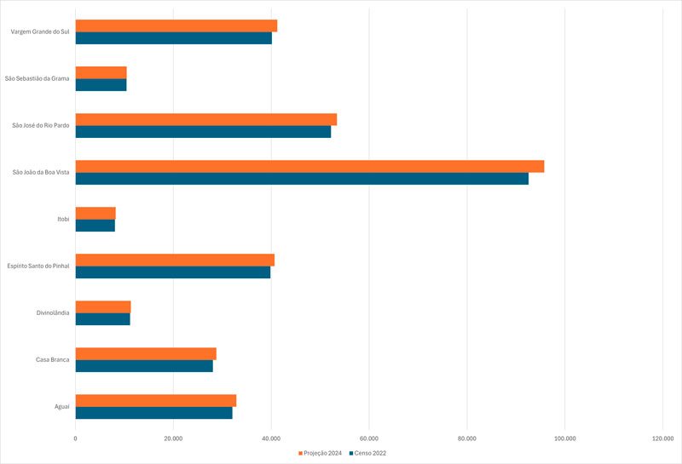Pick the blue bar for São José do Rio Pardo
click(203, 132)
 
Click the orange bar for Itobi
click(95, 213)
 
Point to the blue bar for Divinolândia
click(103, 319)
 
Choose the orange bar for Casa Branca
click(146, 353)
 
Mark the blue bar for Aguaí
click(153, 413)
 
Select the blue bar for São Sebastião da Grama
click(101, 85)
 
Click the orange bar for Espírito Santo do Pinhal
click(175, 260)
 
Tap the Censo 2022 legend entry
click(367, 453)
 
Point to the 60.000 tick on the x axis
click(369, 439)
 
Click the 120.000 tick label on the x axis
click(662, 439)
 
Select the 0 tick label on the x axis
click(76, 439)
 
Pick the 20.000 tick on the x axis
click(173, 439)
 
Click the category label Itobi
click(63, 220)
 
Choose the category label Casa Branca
click(52, 360)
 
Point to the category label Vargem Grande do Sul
click(40, 32)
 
